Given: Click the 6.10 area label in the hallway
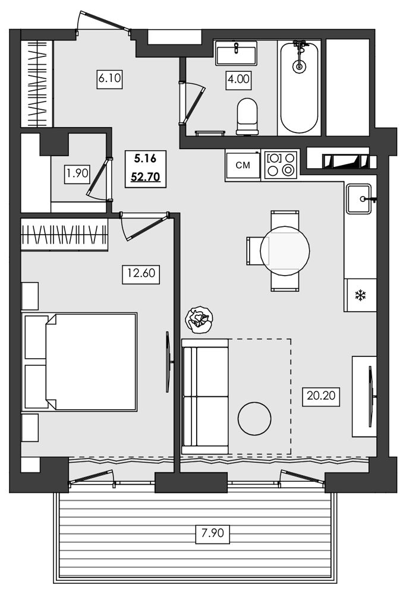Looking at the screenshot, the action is (x=109, y=78).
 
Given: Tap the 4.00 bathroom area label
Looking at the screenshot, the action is (x=239, y=79).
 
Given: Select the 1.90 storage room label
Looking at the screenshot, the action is (x=77, y=174).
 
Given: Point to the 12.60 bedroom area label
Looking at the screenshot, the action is (x=141, y=273).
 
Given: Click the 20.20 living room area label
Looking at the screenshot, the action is (x=321, y=396).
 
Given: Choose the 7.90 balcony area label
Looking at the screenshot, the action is (x=213, y=533).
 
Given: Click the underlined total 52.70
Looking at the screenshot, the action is (x=146, y=177).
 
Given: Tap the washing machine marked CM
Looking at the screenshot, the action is (x=243, y=165).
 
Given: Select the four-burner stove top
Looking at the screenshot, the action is (x=281, y=165).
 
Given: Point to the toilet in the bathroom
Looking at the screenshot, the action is (x=247, y=116).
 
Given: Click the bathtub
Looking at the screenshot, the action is (x=300, y=87).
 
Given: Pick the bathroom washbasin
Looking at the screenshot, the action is (x=236, y=53).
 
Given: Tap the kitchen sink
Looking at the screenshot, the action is (x=358, y=199).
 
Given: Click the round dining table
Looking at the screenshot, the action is (x=285, y=251).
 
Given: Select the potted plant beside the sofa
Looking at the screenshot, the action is (x=199, y=320).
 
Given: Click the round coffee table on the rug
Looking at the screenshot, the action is (x=254, y=418).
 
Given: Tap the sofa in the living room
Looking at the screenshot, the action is (x=204, y=396).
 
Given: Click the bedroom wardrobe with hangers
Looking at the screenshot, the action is (x=64, y=235).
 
